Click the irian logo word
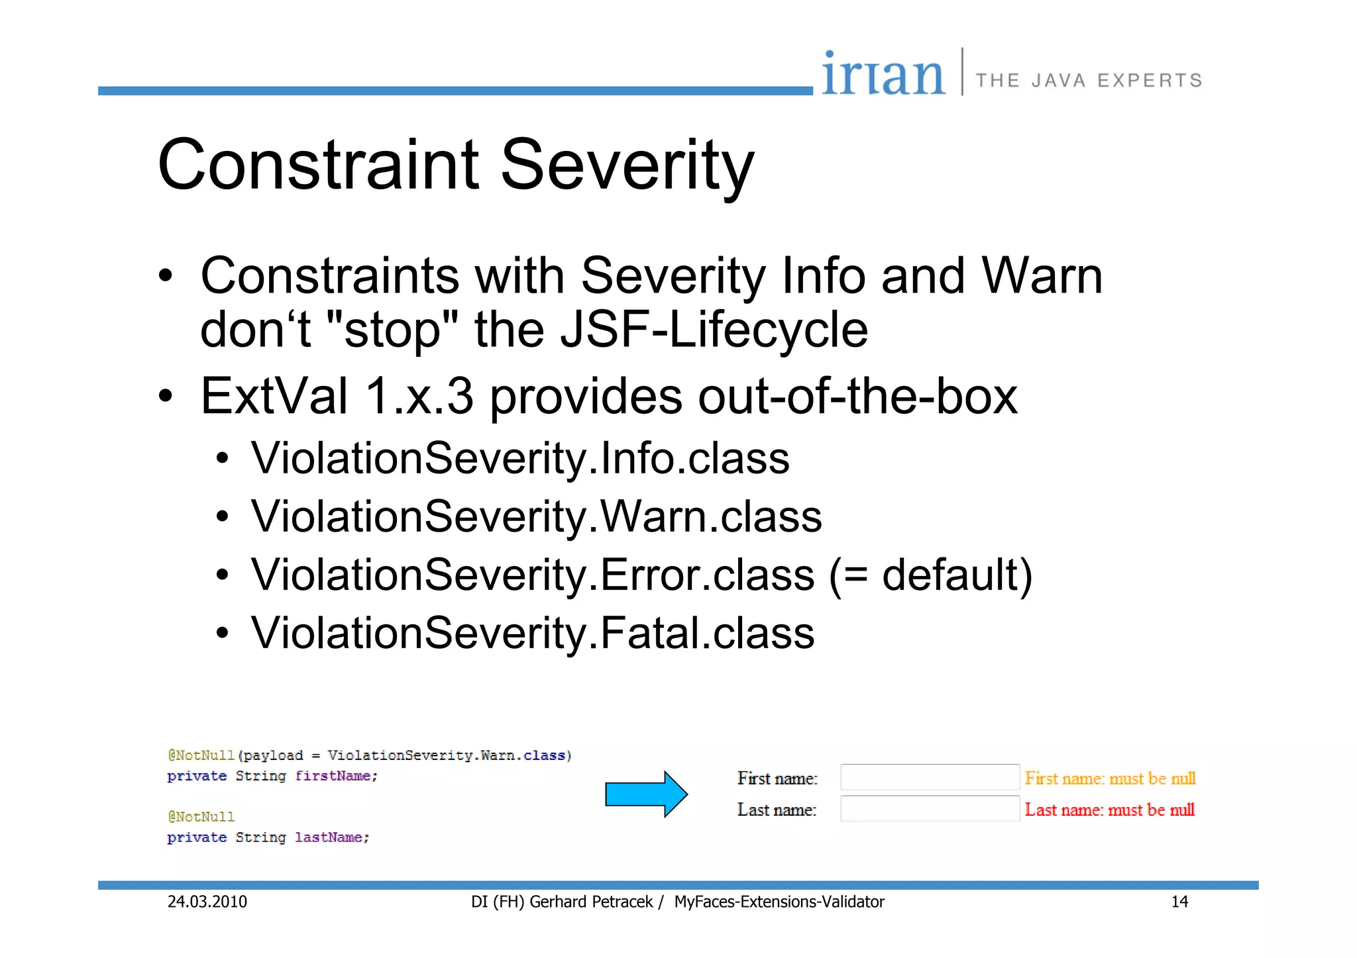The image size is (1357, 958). pos(883,74)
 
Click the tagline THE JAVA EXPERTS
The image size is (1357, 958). pos(1089,81)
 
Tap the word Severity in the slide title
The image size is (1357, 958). pos(627,165)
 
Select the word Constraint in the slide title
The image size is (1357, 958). pos(318,165)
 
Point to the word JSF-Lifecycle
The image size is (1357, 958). pos(714,330)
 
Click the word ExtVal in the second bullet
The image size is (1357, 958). pos(274,396)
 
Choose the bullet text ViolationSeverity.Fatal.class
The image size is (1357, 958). pos(532,632)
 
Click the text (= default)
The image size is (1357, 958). pos(930,575)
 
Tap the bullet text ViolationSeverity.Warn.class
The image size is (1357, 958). pos(536,516)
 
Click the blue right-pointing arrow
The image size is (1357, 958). pos(646,794)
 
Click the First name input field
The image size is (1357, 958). pos(930,777)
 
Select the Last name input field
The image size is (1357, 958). pos(930,809)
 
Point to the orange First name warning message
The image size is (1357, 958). pos(1110,779)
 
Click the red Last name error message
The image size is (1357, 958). pos(1109,810)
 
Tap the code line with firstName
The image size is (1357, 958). pos(272,776)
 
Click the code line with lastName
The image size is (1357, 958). pos(268,838)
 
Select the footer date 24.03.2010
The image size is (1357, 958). pos(207,902)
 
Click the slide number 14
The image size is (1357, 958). pos(1179,902)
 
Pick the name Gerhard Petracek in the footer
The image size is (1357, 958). pos(591,902)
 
